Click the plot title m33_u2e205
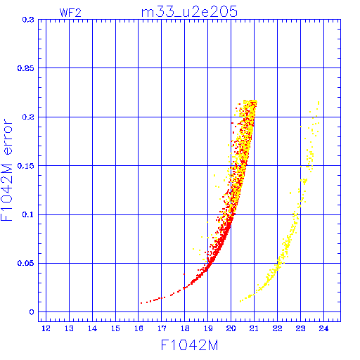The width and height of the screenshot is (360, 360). pos(189,11)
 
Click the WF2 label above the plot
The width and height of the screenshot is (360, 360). pos(70,13)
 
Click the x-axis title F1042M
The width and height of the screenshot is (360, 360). pos(189,345)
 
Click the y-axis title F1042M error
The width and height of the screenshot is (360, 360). pos(6,170)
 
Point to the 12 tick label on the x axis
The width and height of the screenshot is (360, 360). pos(46,328)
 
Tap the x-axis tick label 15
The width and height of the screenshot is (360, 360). pos(115,328)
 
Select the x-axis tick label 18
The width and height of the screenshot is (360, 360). pos(185,328)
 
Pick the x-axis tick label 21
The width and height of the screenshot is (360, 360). pos(254,328)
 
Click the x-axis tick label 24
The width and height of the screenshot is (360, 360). pos(323,328)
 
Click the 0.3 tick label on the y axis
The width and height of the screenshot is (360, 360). pos(28,20)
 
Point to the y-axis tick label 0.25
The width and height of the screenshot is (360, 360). pos(25,68)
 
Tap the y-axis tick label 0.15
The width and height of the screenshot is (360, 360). pos(25,166)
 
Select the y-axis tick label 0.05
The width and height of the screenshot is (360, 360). pos(25,263)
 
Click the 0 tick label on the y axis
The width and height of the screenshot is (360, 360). pos(32,312)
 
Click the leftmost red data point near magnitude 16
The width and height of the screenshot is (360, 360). pos(141,303)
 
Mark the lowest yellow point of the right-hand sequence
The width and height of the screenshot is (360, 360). pos(240,301)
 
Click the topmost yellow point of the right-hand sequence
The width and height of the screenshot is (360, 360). pos(319,102)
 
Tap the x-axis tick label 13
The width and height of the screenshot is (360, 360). pos(69,328)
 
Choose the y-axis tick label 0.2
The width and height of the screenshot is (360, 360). pos(28,117)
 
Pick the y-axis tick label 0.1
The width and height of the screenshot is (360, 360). pos(28,214)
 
